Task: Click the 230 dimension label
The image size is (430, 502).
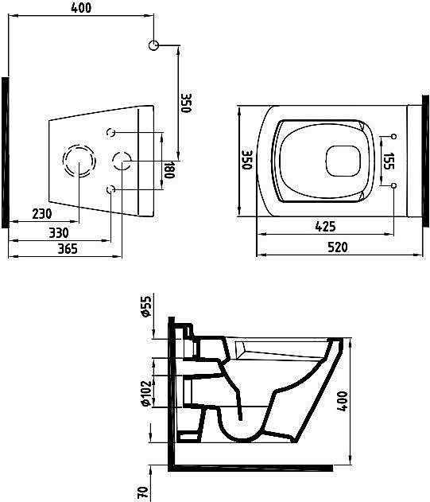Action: [42, 213]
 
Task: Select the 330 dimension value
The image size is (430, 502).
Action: [59, 233]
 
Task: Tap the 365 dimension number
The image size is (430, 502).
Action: [68, 249]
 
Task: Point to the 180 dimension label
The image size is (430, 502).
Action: [169, 169]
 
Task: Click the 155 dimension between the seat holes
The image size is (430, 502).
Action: [389, 161]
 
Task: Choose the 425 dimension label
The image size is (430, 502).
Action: [325, 227]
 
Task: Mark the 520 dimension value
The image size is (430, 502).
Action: [338, 247]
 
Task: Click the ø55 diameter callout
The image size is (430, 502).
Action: [145, 306]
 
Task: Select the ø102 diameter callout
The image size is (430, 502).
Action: [145, 393]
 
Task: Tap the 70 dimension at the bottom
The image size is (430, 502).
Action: [143, 492]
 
